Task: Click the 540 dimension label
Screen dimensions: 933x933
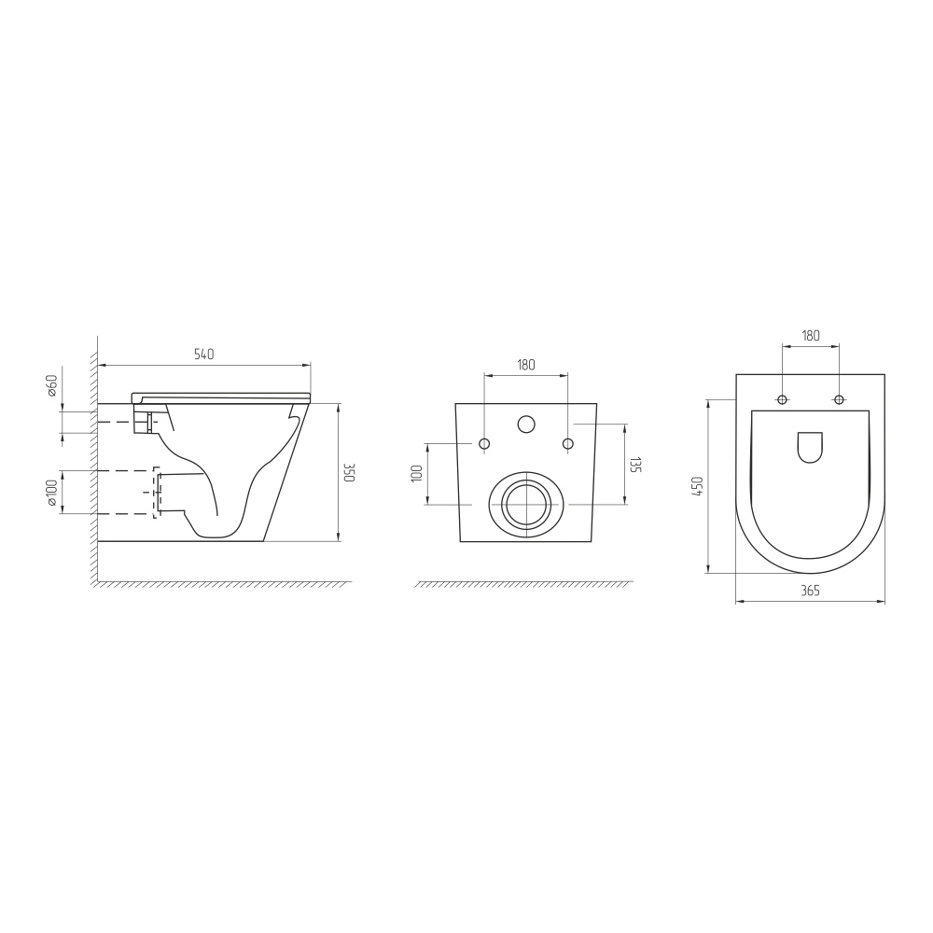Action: click(203, 354)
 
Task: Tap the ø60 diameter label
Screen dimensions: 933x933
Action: click(51, 386)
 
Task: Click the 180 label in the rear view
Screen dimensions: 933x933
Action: click(526, 365)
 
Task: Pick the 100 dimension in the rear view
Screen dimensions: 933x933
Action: click(416, 474)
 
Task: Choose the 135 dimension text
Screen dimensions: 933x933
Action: click(635, 465)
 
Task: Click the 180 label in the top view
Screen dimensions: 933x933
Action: click(811, 336)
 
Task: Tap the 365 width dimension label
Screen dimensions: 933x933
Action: click(810, 591)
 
